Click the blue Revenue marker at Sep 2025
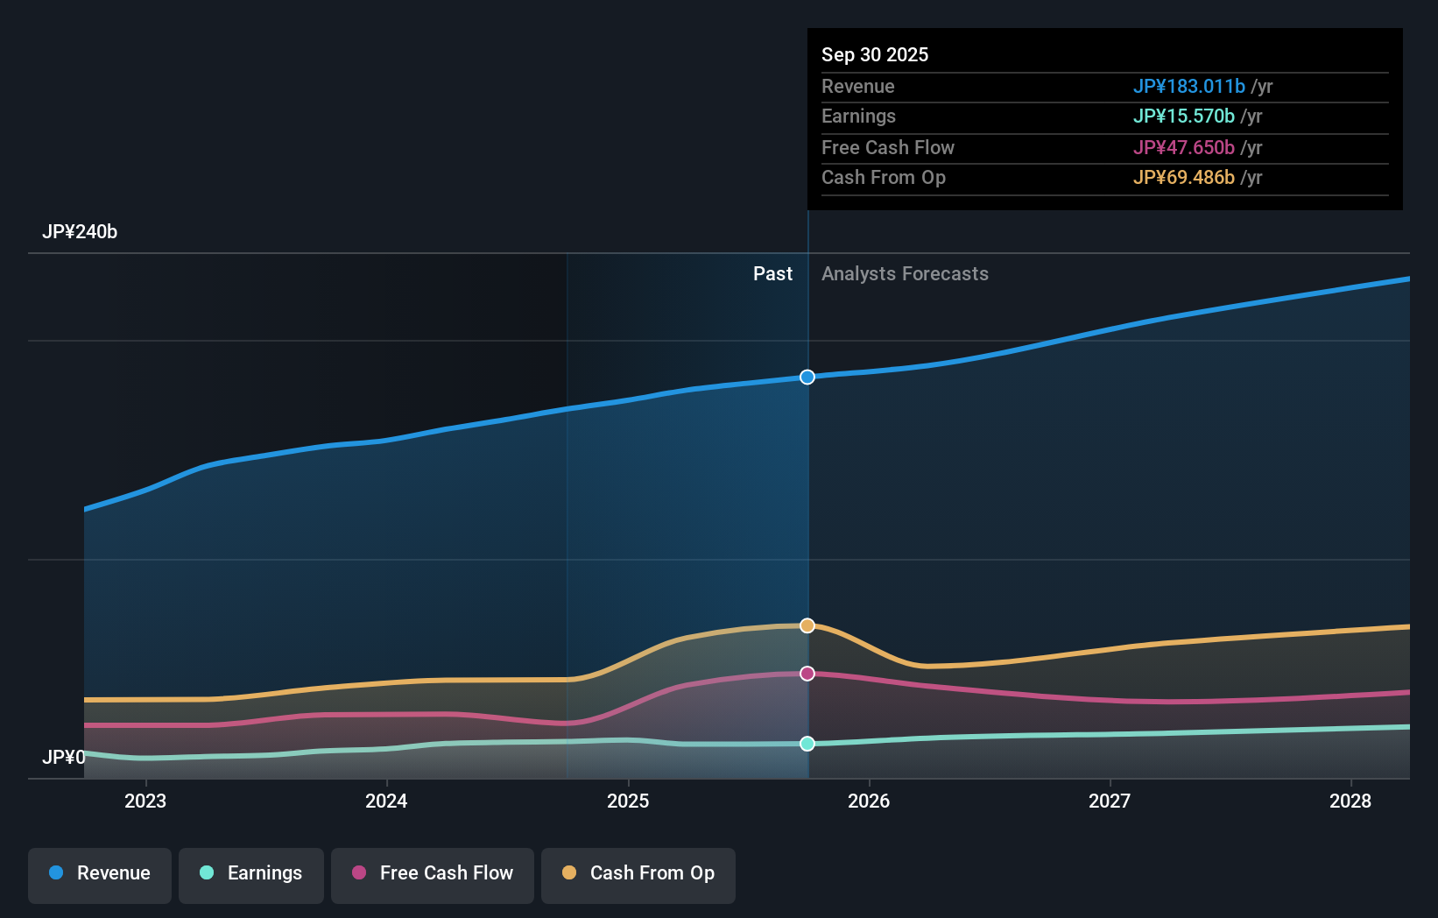pyautogui.click(x=807, y=377)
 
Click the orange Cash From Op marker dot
pyautogui.click(x=807, y=625)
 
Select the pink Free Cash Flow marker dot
pyautogui.click(x=807, y=674)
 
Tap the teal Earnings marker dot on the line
pyautogui.click(x=807, y=744)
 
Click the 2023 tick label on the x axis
pyautogui.click(x=145, y=801)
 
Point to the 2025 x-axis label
pyautogui.click(x=628, y=801)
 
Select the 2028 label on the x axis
pyautogui.click(x=1350, y=801)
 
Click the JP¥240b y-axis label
pyautogui.click(x=80, y=232)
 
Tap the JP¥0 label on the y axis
pyautogui.click(x=64, y=757)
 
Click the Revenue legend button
pyautogui.click(x=100, y=873)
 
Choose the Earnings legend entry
pyautogui.click(x=251, y=873)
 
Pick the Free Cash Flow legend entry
pyautogui.click(x=433, y=873)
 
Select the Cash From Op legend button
pyautogui.click(x=638, y=873)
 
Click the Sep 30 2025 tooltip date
pyautogui.click(x=875, y=54)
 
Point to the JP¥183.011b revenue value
pyautogui.click(x=1188, y=86)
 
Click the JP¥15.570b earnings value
pyautogui.click(x=1183, y=116)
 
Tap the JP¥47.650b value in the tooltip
pyautogui.click(x=1183, y=147)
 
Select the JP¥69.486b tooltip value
pyautogui.click(x=1183, y=177)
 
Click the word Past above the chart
pyautogui.click(x=772, y=273)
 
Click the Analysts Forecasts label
pyautogui.click(x=905, y=273)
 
